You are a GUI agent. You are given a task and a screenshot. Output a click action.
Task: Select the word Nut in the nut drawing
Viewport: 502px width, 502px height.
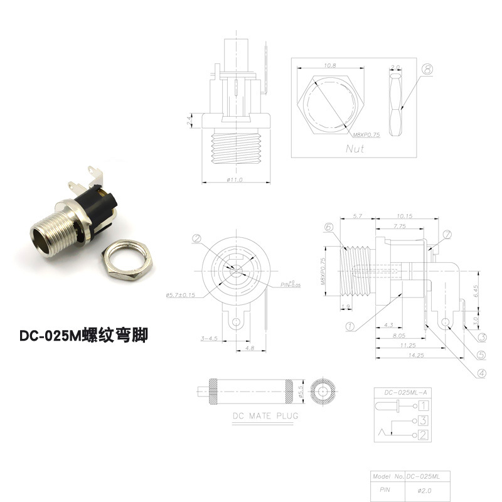355,149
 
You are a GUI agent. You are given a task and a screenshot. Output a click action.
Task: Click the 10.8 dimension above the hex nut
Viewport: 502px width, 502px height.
329,65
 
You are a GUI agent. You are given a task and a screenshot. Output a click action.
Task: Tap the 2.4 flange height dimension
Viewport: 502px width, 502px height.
190,120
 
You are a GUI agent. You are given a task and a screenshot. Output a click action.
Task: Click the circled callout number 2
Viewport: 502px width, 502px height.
196,238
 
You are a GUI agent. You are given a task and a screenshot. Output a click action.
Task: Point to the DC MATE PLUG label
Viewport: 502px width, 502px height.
265,415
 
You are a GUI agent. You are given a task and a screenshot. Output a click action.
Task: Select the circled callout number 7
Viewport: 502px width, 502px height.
447,235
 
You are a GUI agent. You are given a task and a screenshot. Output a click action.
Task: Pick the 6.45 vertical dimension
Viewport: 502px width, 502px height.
476,291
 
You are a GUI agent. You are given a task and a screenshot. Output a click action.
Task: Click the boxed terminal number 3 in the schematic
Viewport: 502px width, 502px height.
425,420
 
